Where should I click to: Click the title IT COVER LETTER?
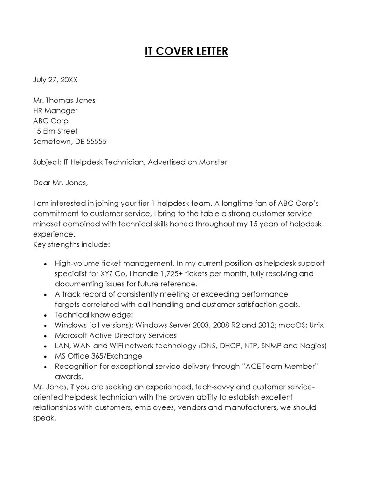tap(186, 51)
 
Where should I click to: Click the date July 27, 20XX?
tap(55, 80)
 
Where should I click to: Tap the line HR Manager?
tap(55, 110)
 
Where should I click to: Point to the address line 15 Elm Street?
tap(55, 131)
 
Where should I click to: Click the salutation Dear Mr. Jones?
tap(60, 183)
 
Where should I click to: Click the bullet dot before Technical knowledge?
tap(45, 315)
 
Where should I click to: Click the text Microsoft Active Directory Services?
tap(116, 335)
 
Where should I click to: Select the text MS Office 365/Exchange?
tap(98, 356)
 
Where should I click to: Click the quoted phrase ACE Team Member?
tap(280, 366)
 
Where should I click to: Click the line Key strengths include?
tap(71, 244)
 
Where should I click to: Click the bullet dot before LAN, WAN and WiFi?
tap(45, 346)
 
